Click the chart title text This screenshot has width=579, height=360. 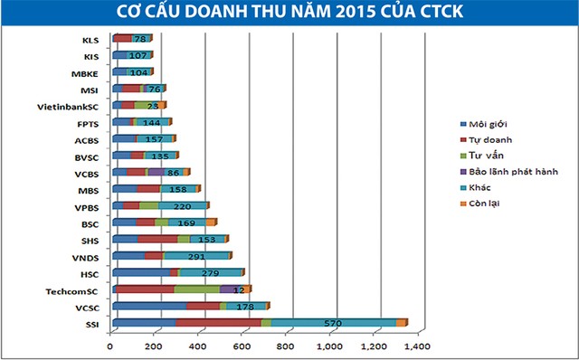coord(289,12)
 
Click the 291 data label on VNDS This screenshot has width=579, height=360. coord(192,257)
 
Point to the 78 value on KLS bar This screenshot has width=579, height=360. coord(140,39)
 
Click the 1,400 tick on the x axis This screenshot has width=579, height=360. coord(417,346)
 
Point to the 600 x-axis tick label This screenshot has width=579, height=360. coord(242,346)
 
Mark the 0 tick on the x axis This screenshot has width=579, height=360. coord(110,346)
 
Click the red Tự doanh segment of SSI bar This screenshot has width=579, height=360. coord(217,323)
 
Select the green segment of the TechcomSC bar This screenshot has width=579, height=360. coord(197,289)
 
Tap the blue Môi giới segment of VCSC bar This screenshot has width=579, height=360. coord(148,307)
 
